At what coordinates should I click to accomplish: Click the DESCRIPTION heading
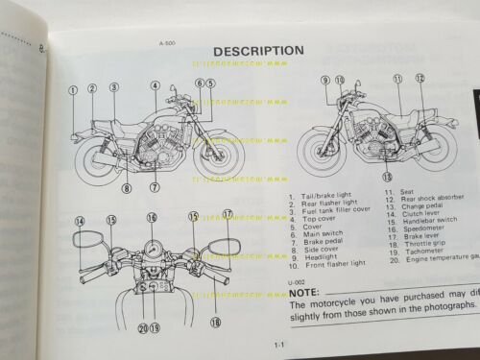click(x=257, y=50)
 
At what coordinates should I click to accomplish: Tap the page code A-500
click(x=153, y=41)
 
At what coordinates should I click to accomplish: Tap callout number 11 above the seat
click(x=397, y=80)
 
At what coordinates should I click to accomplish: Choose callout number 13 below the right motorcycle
click(x=387, y=177)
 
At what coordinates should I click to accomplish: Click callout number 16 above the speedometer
click(x=152, y=218)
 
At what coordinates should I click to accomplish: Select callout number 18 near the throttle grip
click(x=215, y=324)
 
